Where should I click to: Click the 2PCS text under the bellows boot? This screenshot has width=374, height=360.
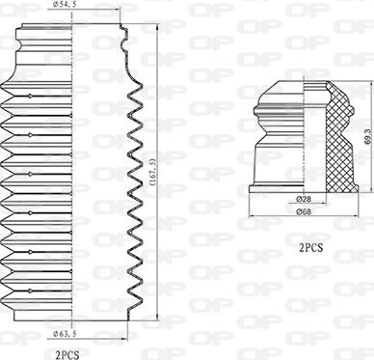[x=67, y=353]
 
